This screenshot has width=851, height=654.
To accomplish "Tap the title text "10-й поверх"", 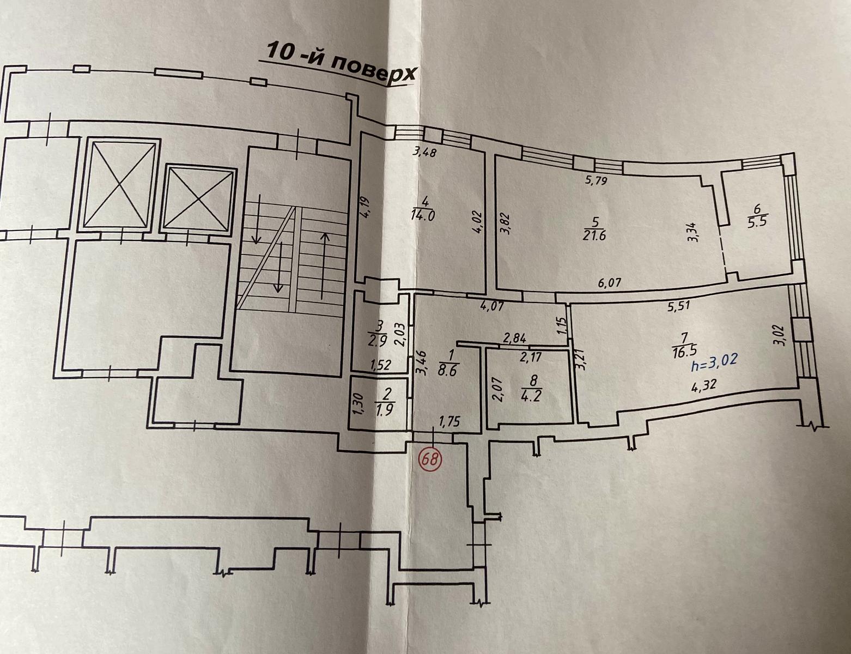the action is point(340,63).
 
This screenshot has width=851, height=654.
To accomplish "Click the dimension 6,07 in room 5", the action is point(609,282).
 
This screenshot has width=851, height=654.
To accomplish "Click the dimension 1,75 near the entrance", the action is point(449,422).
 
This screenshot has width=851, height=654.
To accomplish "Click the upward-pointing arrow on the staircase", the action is point(324,265).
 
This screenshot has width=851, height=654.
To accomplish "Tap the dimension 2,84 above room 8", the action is point(514,338).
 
